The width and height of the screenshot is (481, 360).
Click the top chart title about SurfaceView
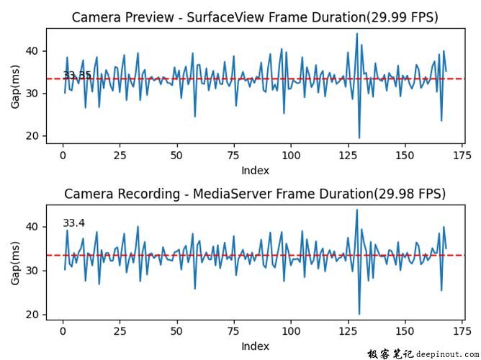(x=255, y=17)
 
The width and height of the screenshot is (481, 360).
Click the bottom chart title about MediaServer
(x=255, y=194)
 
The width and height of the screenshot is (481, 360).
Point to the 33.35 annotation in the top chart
(x=77, y=76)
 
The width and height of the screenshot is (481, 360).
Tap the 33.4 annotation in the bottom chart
(x=73, y=223)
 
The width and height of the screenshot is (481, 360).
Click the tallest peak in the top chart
(x=356, y=33)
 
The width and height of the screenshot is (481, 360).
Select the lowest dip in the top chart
(x=359, y=138)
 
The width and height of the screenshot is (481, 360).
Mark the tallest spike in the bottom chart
(x=356, y=210)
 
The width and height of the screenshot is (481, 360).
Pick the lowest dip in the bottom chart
(x=359, y=314)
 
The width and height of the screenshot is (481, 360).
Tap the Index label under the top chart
(x=255, y=171)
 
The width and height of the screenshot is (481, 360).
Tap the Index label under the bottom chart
(x=255, y=346)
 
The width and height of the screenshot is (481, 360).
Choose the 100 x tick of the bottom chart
(x=290, y=331)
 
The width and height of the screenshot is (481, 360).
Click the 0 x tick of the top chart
(x=63, y=155)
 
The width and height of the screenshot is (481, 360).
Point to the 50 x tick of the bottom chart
(x=176, y=331)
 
